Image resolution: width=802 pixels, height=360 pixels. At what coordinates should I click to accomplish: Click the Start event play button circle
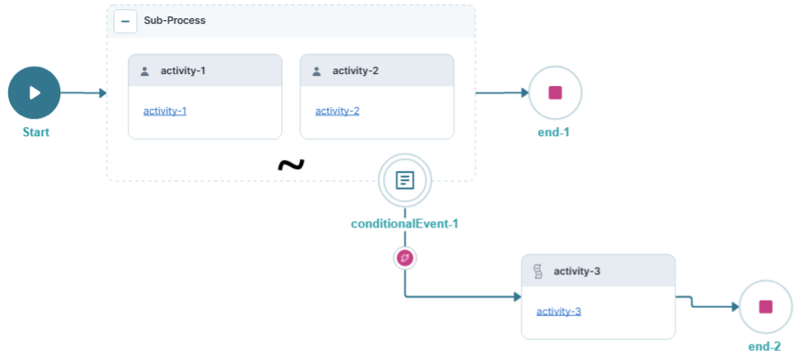click(34, 92)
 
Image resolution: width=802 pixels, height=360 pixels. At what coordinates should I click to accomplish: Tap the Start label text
click(36, 132)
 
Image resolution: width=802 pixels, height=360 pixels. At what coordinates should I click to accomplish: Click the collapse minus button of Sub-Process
click(125, 21)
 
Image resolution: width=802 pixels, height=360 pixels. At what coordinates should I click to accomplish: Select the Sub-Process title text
click(174, 21)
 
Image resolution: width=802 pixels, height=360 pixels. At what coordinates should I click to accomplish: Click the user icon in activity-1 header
click(144, 71)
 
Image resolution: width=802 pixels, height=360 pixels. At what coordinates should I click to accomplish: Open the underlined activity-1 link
click(164, 111)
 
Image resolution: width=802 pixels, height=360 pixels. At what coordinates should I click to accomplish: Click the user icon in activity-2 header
click(316, 71)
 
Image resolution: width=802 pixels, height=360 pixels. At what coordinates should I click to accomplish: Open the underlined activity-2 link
click(337, 111)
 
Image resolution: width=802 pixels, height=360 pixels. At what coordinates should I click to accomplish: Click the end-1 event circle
click(554, 92)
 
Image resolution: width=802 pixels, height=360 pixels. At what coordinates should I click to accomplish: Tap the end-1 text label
click(554, 132)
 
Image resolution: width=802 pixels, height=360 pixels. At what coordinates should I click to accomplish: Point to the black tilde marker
click(290, 164)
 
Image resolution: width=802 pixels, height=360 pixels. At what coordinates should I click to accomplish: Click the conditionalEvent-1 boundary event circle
click(405, 180)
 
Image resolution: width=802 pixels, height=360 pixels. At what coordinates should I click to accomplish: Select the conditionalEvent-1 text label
click(405, 224)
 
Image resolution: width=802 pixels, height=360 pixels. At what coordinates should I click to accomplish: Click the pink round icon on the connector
click(405, 259)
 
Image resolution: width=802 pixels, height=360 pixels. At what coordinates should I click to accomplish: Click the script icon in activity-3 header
click(538, 271)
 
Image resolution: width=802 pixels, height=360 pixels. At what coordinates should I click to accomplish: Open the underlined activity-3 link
click(558, 312)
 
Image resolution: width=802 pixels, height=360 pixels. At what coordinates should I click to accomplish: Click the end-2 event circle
click(765, 306)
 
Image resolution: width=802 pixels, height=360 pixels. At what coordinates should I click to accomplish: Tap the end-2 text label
click(765, 347)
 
